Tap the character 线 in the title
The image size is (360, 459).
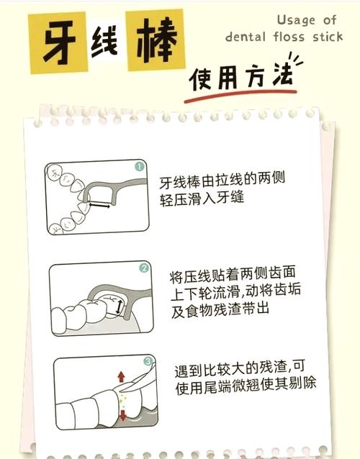pos(107,43)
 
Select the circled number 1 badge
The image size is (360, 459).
pos(136,168)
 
